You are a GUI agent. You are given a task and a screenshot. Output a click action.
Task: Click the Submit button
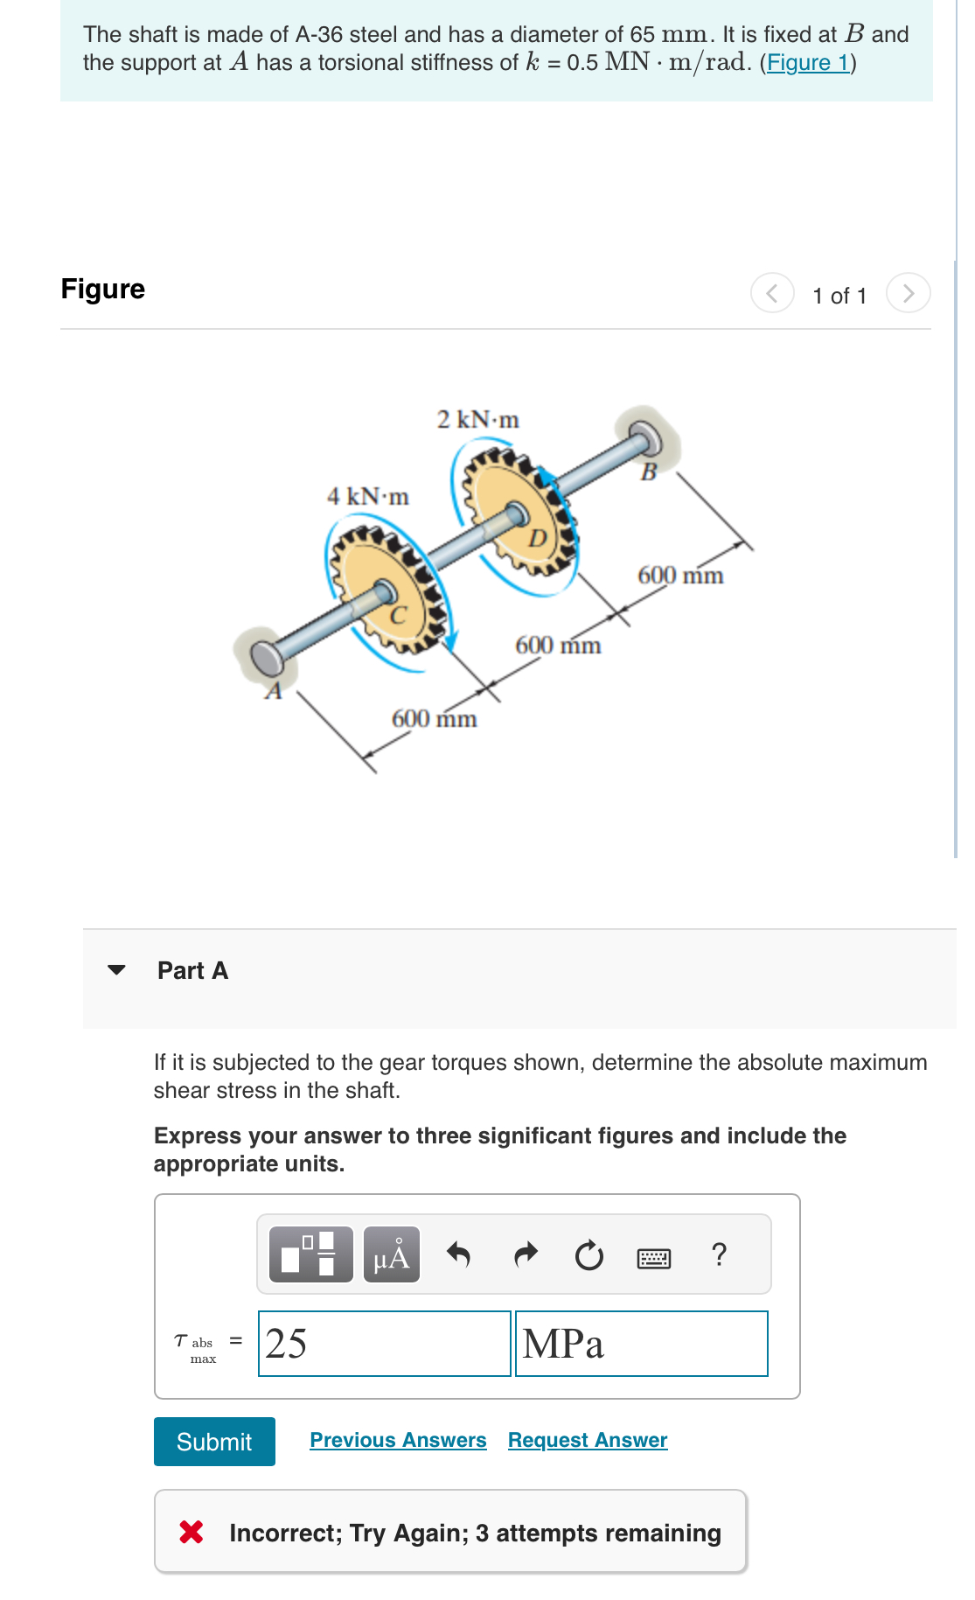(x=214, y=1442)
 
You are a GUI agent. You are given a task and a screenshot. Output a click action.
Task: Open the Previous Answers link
(x=398, y=1440)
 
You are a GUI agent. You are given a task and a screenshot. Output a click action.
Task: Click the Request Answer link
(x=588, y=1440)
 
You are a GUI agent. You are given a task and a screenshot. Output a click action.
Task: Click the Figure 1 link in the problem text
(x=807, y=63)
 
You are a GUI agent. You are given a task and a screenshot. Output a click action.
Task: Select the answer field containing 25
(x=384, y=1344)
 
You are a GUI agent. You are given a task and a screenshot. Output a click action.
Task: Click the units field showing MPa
(x=641, y=1344)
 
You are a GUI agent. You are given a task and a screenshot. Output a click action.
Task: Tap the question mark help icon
(x=719, y=1254)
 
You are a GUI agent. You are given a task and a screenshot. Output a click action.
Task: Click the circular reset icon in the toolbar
(x=588, y=1255)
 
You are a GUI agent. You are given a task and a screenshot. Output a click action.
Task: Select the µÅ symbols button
(x=391, y=1255)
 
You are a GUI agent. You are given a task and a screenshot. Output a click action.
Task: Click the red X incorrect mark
(x=192, y=1532)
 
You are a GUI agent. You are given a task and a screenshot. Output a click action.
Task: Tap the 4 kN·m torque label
(x=367, y=497)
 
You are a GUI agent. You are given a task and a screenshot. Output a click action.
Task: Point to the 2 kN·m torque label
(x=477, y=420)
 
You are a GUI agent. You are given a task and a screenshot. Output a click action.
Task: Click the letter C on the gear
(x=398, y=615)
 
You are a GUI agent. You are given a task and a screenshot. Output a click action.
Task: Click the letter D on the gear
(x=537, y=537)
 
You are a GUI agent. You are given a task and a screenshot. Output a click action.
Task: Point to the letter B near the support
(x=648, y=472)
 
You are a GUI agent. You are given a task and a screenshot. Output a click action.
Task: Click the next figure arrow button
(x=908, y=293)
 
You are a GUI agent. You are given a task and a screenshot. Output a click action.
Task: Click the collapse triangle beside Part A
(x=116, y=970)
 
